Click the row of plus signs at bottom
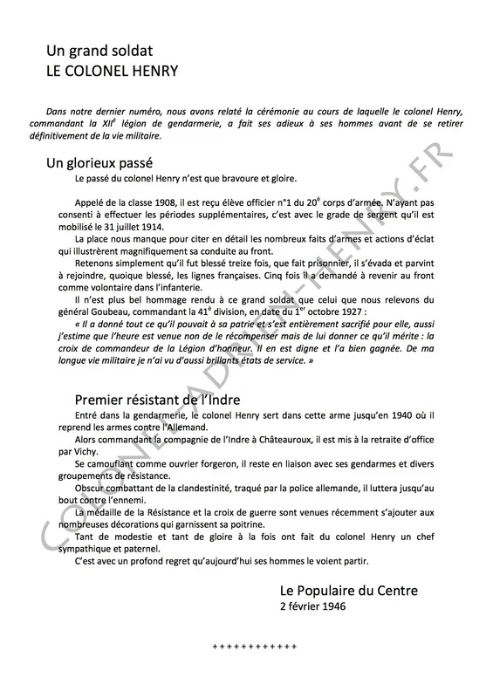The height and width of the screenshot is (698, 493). pos(256,646)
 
